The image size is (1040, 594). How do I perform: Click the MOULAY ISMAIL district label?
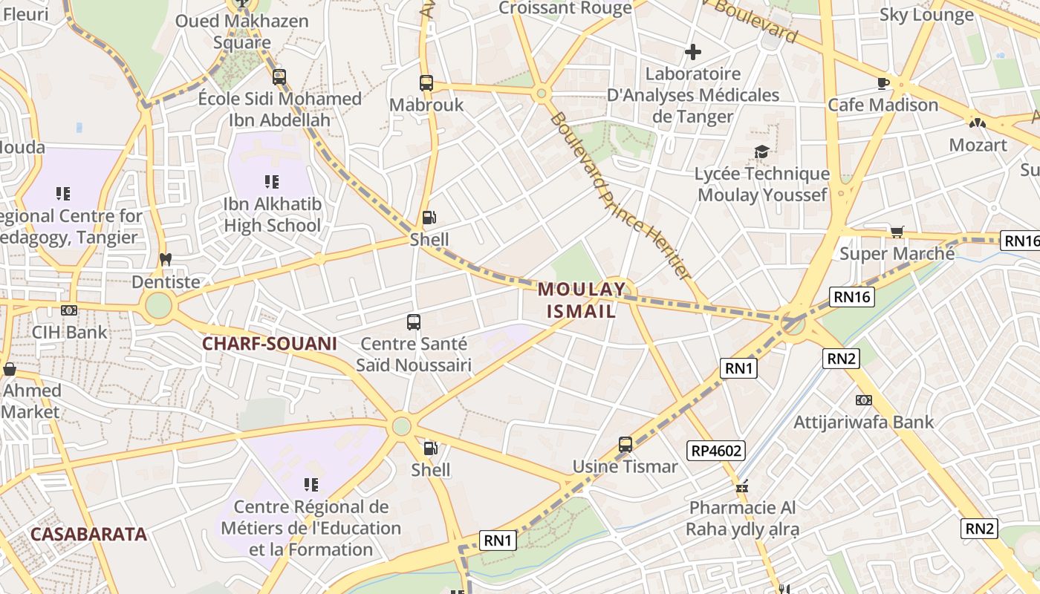(582, 300)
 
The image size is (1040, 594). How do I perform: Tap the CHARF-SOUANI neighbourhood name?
(270, 344)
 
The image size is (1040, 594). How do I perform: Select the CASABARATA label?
(88, 534)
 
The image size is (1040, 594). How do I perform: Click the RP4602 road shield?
(717, 450)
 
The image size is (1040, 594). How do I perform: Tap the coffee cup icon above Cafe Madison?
(883, 83)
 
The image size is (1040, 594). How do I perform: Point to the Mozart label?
(978, 145)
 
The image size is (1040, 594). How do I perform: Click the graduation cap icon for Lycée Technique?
(761, 152)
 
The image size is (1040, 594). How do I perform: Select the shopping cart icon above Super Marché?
(897, 232)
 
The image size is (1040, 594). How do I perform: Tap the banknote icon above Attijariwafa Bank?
(863, 400)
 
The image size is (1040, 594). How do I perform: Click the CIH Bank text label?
(70, 332)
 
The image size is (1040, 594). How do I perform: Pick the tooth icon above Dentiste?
(166, 260)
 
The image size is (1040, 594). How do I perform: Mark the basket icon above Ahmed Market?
(10, 369)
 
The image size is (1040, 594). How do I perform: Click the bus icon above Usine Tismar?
(625, 445)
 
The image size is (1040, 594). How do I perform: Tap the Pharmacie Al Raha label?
(741, 518)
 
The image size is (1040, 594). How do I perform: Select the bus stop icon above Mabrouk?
(426, 83)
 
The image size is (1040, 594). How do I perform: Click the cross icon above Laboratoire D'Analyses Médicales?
(693, 52)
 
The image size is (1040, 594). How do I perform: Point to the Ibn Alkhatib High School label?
(273, 215)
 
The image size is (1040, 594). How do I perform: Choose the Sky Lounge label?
(926, 15)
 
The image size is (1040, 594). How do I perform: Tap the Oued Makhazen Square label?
(241, 31)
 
